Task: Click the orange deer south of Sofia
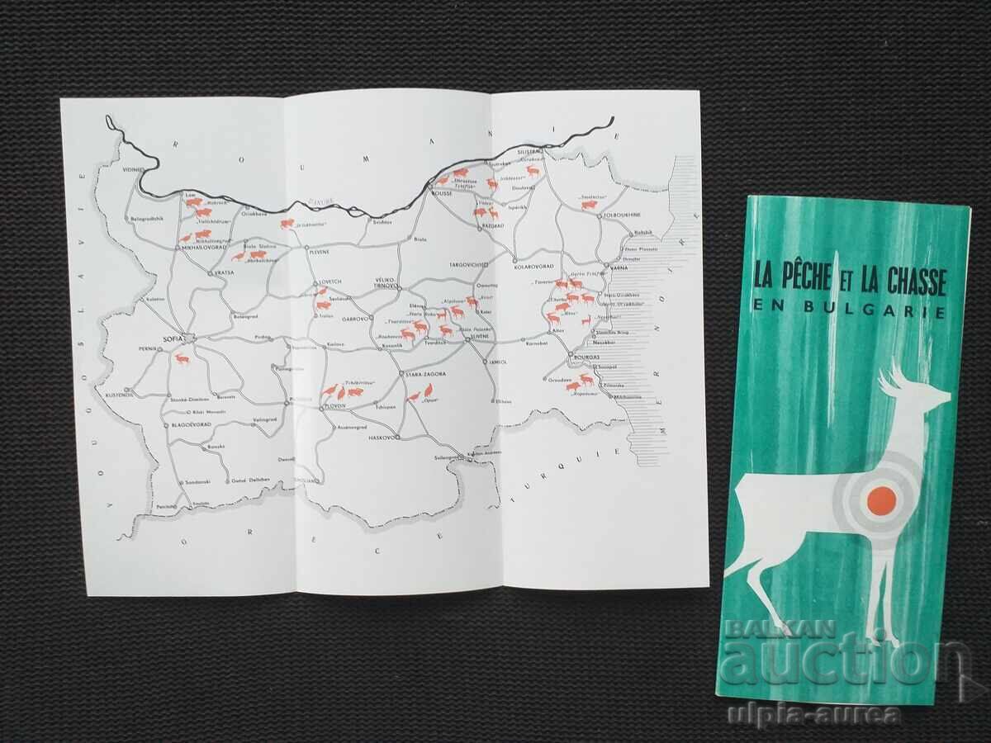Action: click(x=180, y=360)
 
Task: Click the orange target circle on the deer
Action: click(x=880, y=499)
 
